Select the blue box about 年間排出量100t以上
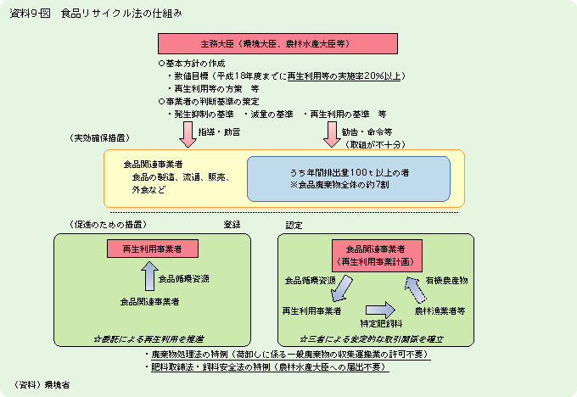point(348,178)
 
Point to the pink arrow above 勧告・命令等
point(330,131)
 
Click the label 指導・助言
point(219,132)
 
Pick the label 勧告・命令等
point(367,132)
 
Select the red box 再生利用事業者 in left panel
point(153,249)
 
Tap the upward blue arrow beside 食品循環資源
point(148,277)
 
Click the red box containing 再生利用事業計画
point(376,255)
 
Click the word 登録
point(231,225)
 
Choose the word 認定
point(294,225)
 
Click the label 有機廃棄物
point(446,279)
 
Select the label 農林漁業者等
point(440,310)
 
